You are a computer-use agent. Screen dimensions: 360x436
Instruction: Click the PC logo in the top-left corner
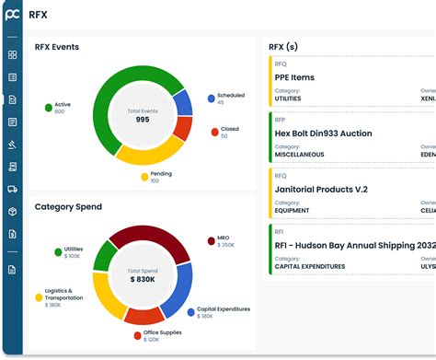click(x=12, y=14)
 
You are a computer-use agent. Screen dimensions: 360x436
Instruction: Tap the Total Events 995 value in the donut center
click(x=142, y=119)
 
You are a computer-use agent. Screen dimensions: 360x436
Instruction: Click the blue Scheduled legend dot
click(x=211, y=97)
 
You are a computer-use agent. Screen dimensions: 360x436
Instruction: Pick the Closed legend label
click(x=229, y=130)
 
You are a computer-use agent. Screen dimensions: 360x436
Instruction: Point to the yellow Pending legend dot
click(x=144, y=176)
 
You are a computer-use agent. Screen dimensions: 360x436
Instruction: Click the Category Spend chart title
click(x=68, y=207)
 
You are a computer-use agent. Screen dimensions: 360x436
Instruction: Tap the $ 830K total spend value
click(x=142, y=278)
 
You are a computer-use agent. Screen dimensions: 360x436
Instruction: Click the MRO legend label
click(x=224, y=238)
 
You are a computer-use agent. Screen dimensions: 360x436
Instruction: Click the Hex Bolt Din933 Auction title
click(x=323, y=134)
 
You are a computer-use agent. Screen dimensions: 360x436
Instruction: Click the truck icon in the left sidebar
click(x=12, y=189)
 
